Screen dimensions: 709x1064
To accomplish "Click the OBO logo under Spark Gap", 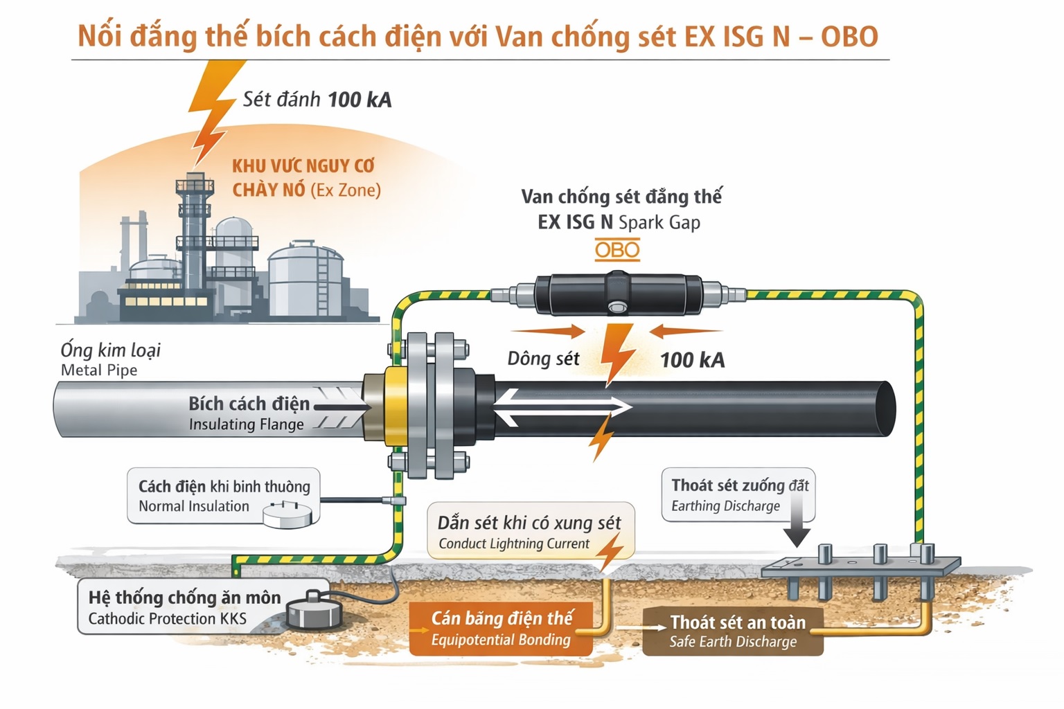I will [617, 250].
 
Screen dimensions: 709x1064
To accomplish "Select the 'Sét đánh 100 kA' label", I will [317, 100].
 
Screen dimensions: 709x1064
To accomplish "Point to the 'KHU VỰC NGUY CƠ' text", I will [303, 166].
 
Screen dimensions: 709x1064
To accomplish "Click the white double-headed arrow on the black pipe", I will [562, 407].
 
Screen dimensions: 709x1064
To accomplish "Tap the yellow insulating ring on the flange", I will [395, 409].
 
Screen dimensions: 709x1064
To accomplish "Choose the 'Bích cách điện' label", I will [249, 404].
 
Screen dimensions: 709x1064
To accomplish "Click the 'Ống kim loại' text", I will [111, 350].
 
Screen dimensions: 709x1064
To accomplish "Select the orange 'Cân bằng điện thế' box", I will [501, 628].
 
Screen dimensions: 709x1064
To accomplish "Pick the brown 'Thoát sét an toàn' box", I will [733, 631].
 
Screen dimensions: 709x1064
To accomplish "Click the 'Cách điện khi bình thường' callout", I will [223, 496].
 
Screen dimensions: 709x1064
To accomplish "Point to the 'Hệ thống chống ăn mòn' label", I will [184, 598].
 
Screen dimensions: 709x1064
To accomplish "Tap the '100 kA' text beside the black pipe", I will [692, 360].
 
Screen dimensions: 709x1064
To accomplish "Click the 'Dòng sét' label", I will [543, 359].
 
